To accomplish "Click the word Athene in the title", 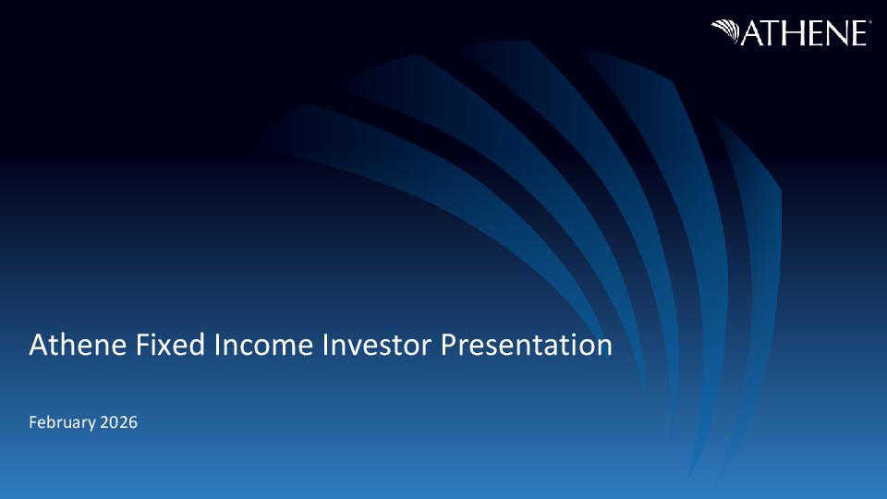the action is (x=78, y=345).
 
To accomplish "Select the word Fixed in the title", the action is (x=170, y=345).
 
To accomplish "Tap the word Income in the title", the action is (x=263, y=345).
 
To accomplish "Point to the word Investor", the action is (x=377, y=345).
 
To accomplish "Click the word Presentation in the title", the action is (x=527, y=345).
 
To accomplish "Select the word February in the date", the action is (x=62, y=422).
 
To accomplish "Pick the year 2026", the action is (x=119, y=422).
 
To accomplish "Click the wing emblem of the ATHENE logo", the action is (x=725, y=31).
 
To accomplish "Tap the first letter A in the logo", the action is (x=753, y=33).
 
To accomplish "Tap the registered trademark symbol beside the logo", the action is (x=869, y=22).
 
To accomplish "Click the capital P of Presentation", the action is (x=449, y=345).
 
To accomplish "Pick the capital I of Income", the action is (x=216, y=345).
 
